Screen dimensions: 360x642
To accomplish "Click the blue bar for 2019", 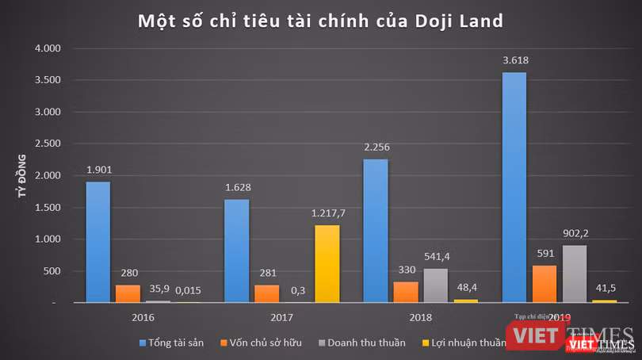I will pos(514,187).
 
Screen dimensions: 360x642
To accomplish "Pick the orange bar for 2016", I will pos(128,293).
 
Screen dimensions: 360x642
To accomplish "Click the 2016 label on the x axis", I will pos(143,317).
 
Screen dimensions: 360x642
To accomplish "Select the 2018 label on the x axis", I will pos(421,317).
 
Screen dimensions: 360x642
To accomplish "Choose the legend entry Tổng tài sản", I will pos(174,343).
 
